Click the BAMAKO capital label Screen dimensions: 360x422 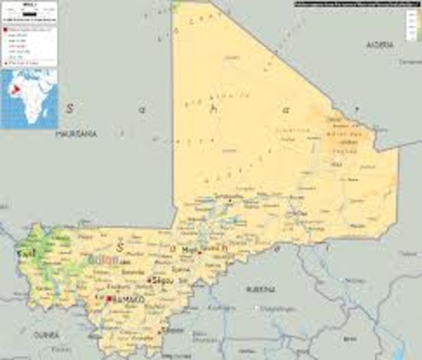pos(128,299)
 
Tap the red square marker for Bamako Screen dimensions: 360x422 pos(109,298)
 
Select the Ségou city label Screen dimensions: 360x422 pos(162,280)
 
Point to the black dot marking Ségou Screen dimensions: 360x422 pos(150,280)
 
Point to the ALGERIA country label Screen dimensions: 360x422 pos(379,45)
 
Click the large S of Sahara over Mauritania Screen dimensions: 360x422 pos(70,108)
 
